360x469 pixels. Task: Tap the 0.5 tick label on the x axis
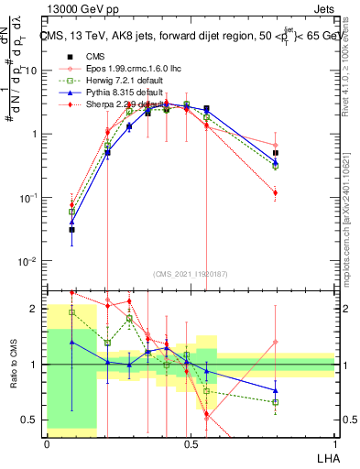191,442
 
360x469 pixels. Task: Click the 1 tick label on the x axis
334,442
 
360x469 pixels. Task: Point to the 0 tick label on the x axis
47,442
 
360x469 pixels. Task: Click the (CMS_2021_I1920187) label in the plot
191,272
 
